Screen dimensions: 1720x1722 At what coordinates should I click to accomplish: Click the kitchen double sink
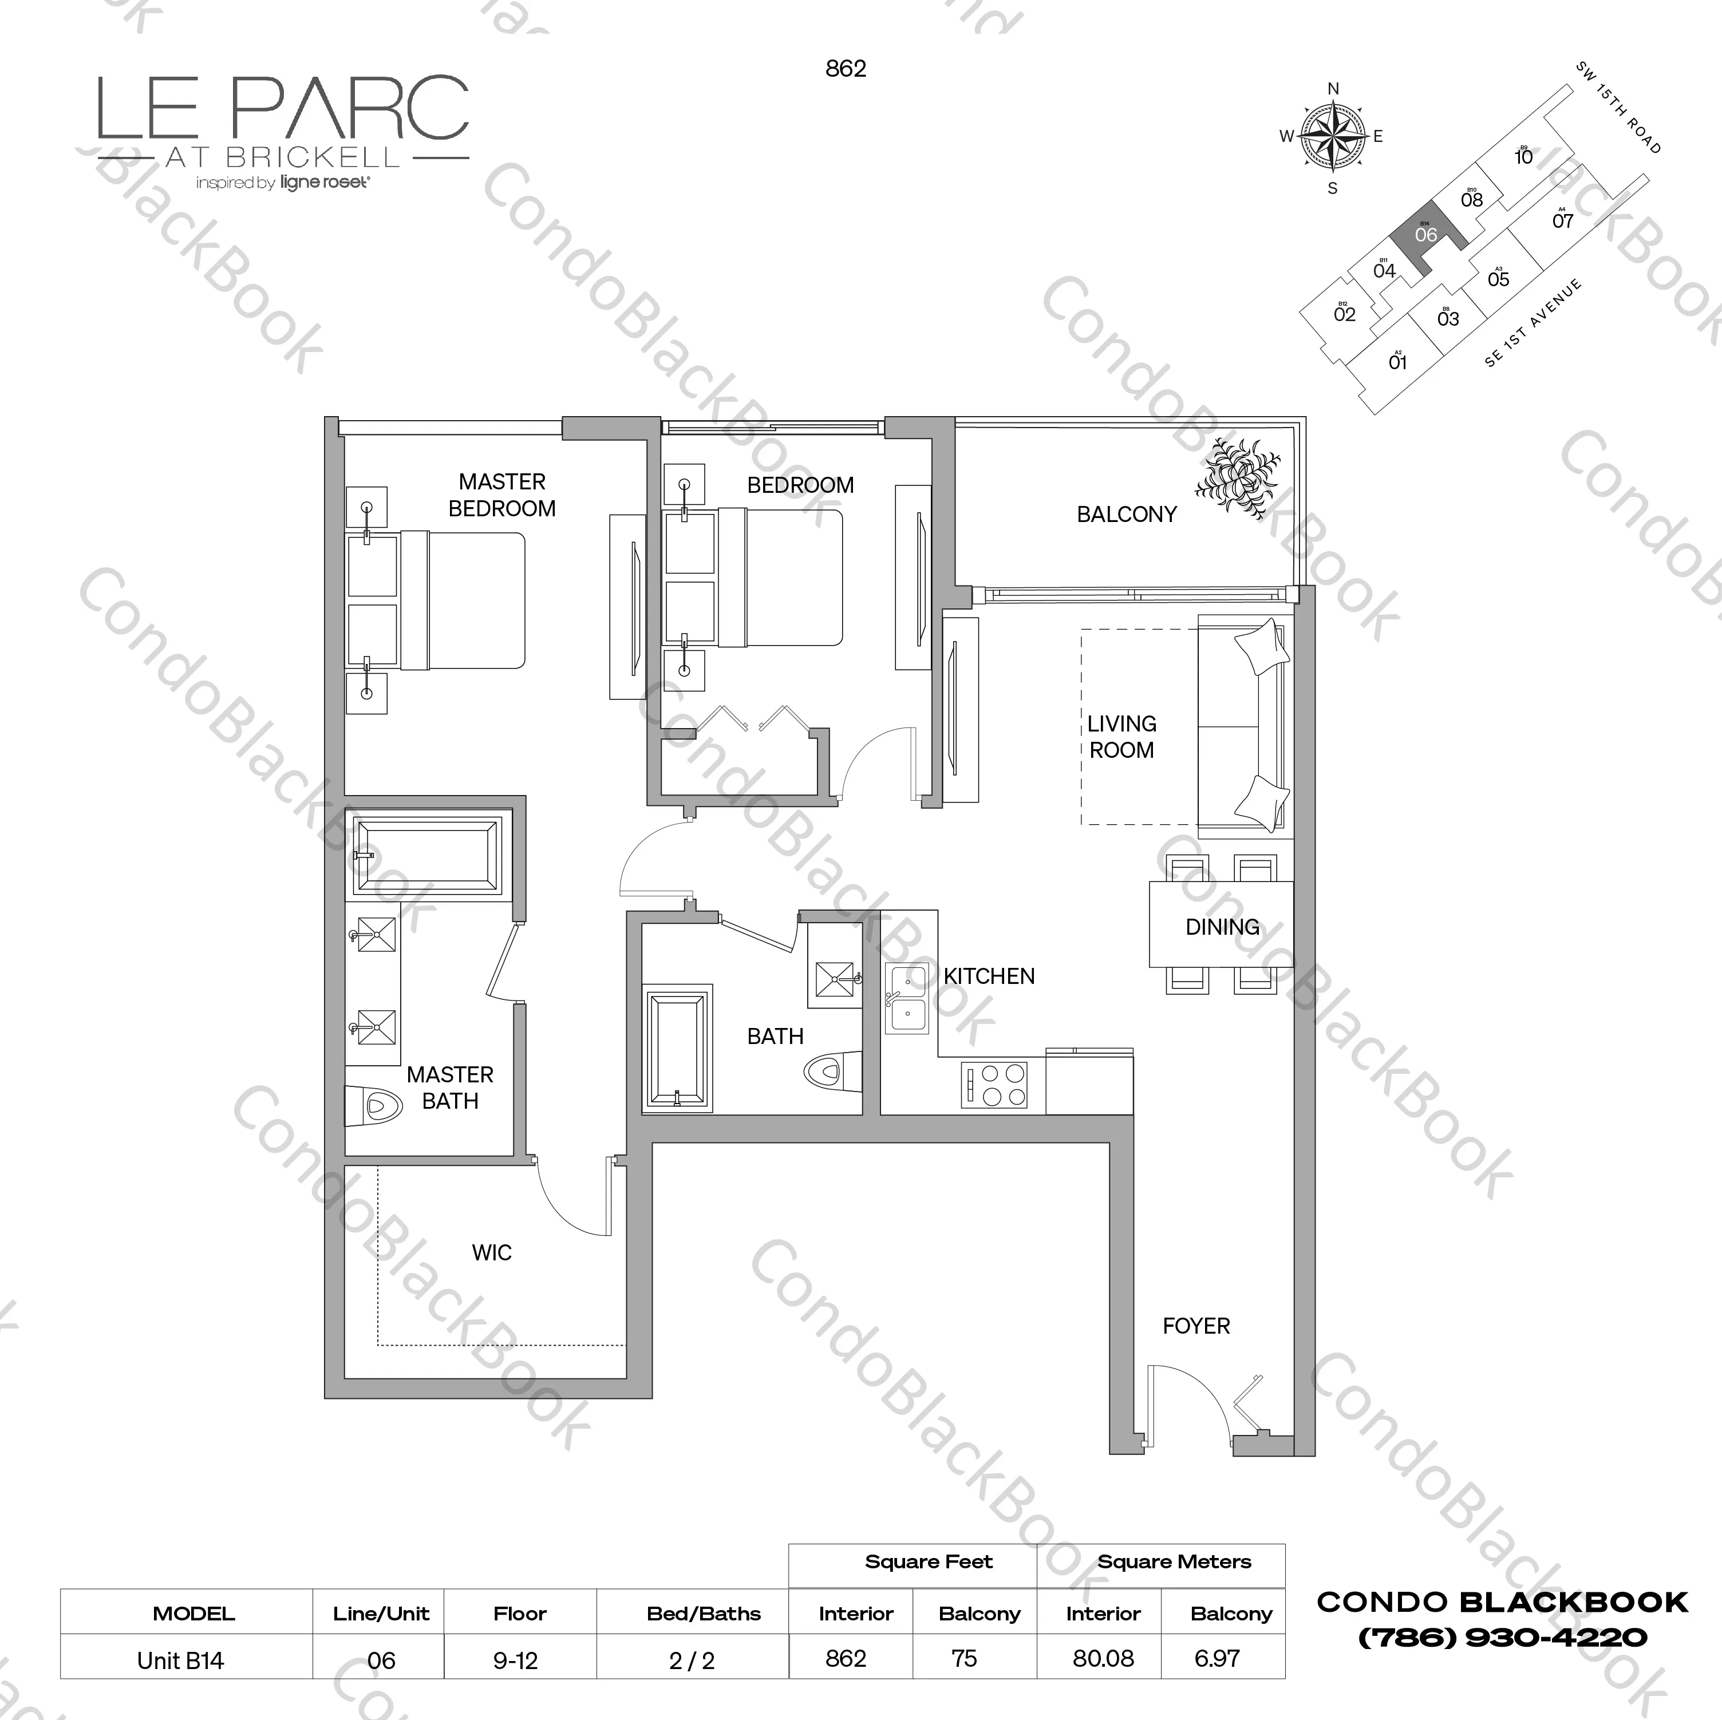point(906,999)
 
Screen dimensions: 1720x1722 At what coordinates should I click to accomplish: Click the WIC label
point(491,1252)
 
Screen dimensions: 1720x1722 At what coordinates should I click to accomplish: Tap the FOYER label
point(1195,1326)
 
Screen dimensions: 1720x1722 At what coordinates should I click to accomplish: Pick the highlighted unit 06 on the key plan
point(1425,234)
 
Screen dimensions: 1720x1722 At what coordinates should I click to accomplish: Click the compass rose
point(1333,137)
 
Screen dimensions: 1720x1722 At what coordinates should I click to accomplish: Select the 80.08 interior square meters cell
point(1103,1659)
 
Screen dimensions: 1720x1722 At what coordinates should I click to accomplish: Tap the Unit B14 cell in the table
point(180,1660)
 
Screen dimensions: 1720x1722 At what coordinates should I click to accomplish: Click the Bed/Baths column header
point(703,1614)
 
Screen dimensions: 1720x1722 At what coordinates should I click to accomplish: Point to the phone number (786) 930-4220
point(1502,1637)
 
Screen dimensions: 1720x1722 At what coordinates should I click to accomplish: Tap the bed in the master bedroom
point(461,600)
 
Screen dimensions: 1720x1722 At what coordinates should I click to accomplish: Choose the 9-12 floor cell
point(515,1660)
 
